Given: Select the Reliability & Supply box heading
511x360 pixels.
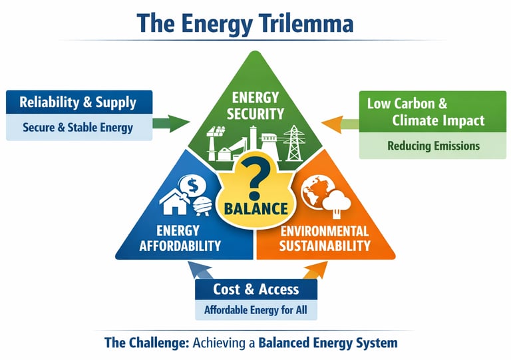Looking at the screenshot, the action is point(78,102).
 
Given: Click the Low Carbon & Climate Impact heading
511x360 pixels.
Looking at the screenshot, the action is point(426,112).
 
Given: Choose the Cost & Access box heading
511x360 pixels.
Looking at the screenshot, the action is point(255,289).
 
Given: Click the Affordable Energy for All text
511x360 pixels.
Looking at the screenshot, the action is point(255,309).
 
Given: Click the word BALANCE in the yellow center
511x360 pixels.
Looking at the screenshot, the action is point(255,208).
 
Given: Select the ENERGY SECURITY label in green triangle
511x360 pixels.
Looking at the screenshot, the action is point(255,105).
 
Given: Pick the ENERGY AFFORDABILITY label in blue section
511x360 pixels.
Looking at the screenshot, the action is point(179,238).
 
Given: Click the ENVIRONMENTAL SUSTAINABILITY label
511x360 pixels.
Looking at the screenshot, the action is point(325,238).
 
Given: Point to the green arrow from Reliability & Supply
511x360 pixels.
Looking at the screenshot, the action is point(172,122).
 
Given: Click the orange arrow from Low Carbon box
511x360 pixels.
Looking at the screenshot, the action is point(337,122).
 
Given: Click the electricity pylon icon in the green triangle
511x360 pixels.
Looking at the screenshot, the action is point(293,142).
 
